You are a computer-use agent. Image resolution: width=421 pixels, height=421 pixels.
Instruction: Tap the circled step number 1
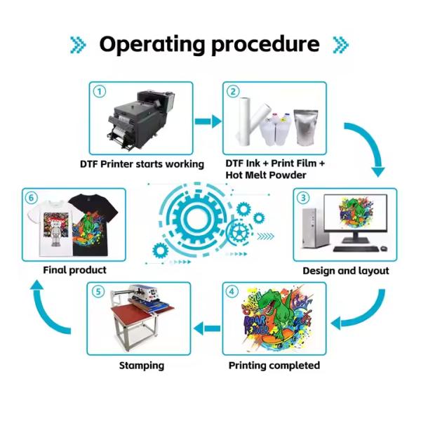[x=100, y=91]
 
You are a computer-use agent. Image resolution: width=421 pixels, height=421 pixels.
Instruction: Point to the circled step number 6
[x=32, y=197]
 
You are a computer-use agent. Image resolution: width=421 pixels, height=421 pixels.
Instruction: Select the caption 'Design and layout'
[x=345, y=270]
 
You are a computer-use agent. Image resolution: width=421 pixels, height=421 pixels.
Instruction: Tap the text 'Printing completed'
[x=274, y=366]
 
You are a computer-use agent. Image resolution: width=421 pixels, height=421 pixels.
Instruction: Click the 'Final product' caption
[x=74, y=269]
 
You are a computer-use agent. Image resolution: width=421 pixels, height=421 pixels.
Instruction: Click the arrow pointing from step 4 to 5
[x=207, y=325]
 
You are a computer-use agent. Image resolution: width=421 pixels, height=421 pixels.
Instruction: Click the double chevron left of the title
[x=79, y=45]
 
